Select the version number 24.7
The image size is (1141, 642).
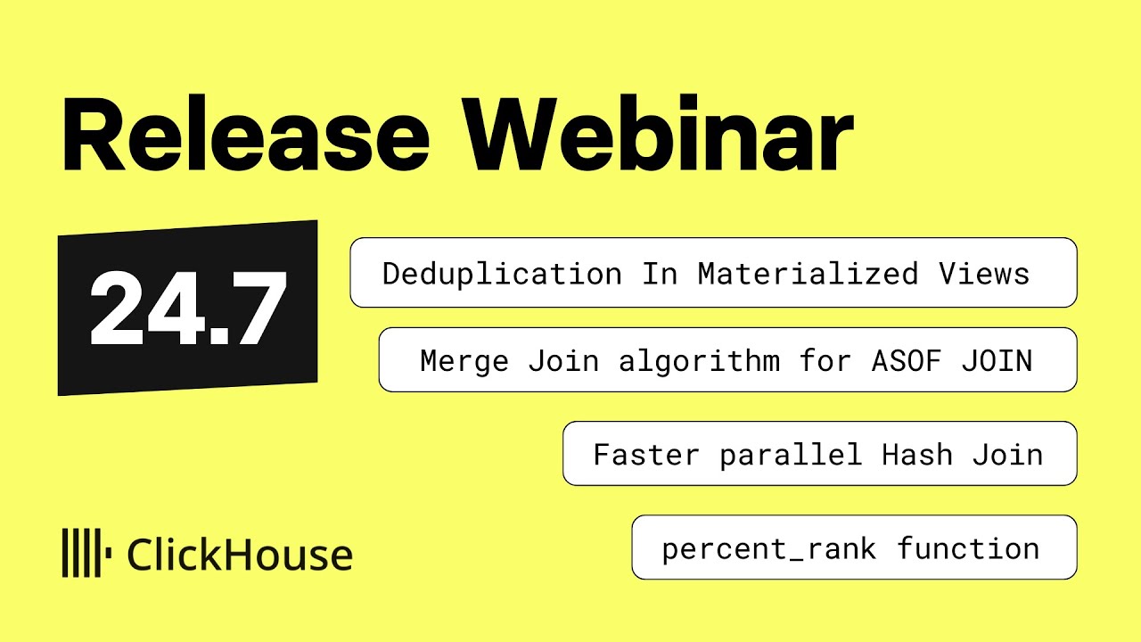tap(188, 309)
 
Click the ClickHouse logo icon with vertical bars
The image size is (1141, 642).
tap(86, 553)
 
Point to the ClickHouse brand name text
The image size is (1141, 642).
tap(240, 555)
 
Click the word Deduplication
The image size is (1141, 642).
tap(502, 274)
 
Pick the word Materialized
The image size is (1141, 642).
tap(808, 274)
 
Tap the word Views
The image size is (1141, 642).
tap(984, 274)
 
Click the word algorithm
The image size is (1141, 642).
tap(699, 361)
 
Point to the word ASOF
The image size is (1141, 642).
tap(897, 361)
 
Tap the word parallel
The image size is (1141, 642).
tap(791, 455)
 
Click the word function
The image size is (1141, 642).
tap(968, 548)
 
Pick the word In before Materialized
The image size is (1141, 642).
tap(660, 274)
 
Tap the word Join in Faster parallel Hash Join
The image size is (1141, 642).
tap(1007, 455)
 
